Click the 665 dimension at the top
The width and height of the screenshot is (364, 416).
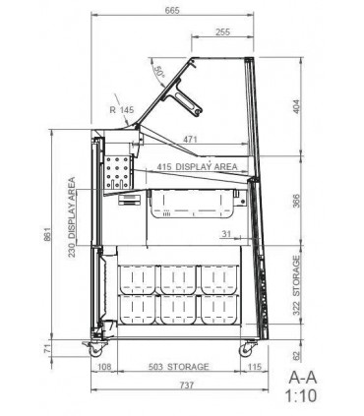(x=172, y=10)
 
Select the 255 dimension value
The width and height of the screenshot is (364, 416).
(x=223, y=31)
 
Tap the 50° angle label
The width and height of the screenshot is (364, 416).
(x=159, y=72)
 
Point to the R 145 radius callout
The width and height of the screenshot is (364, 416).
(x=122, y=110)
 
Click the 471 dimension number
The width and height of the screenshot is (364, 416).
(x=190, y=140)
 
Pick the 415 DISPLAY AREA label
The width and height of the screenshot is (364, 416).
(x=197, y=166)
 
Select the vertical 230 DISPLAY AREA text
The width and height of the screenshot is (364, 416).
(x=72, y=217)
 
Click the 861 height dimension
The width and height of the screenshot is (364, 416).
(x=48, y=234)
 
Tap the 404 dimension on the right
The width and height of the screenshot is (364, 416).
(x=296, y=106)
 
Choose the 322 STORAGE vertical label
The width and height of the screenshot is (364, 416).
(x=296, y=285)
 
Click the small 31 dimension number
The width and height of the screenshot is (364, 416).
(x=226, y=234)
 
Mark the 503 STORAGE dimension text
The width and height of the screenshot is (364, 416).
(x=179, y=367)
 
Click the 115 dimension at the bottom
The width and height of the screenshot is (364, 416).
(x=254, y=367)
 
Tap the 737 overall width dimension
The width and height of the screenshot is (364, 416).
(x=187, y=385)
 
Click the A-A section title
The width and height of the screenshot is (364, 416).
(x=303, y=378)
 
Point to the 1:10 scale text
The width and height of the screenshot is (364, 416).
(x=301, y=396)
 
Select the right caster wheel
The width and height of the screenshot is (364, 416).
(x=245, y=350)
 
